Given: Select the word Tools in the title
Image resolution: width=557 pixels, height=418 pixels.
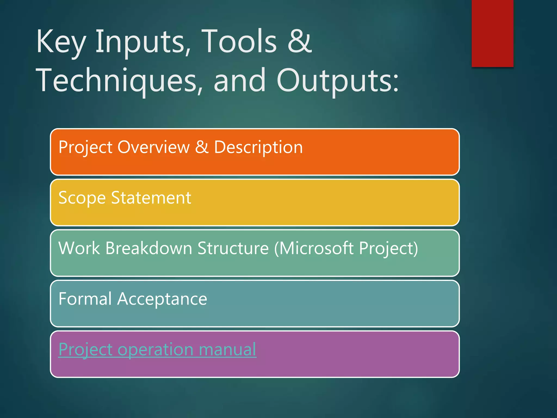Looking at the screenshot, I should (239, 41).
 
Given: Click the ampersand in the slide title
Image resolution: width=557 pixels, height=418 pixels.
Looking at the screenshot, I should (300, 41).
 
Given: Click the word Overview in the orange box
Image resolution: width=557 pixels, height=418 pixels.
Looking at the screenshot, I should (153, 147).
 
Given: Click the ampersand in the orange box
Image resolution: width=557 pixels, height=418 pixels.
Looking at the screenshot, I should (202, 147).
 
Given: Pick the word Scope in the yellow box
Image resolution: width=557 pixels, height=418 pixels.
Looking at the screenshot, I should (82, 198).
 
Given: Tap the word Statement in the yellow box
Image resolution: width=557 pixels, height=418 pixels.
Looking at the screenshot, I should (151, 198).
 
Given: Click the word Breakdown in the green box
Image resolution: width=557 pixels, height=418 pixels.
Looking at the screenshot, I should (149, 248).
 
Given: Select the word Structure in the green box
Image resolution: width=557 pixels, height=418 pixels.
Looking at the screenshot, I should (233, 248).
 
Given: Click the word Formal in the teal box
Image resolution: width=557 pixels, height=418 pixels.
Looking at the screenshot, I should (85, 299).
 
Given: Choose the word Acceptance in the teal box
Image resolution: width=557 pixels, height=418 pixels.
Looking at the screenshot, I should (162, 299).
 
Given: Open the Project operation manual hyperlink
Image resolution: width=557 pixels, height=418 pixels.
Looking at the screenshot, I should (157, 349).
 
